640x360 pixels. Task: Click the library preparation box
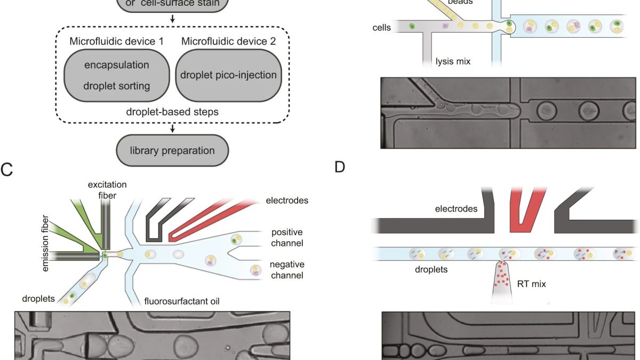(172, 150)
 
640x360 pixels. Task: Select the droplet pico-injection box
(228, 75)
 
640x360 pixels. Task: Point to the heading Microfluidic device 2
(228, 41)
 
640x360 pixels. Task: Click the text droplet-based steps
(172, 112)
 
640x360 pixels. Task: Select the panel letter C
(7, 170)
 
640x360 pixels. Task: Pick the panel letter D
(340, 166)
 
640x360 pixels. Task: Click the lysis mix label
(453, 61)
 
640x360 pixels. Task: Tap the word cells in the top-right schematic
(382, 27)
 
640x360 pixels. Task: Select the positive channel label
(286, 238)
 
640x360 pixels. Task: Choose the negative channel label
(286, 270)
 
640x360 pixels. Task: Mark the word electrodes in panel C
(287, 201)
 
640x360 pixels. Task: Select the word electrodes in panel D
(456, 209)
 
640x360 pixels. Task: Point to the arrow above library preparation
(172, 128)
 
